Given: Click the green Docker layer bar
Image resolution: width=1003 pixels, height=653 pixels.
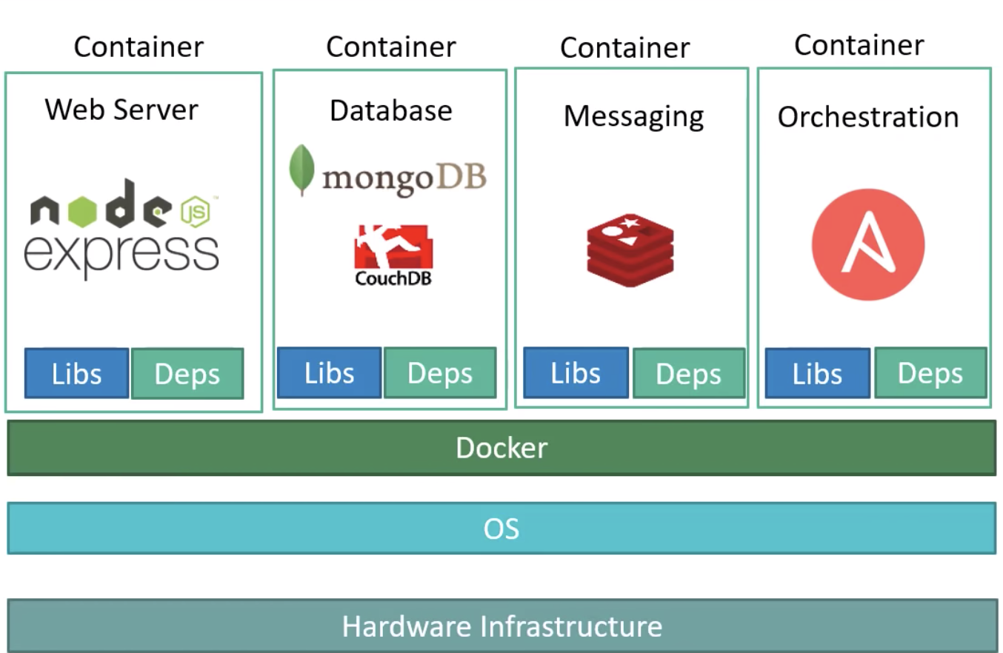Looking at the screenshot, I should pyautogui.click(x=501, y=448).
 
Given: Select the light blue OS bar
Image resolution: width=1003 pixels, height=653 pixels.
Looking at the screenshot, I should pyautogui.click(x=501, y=529).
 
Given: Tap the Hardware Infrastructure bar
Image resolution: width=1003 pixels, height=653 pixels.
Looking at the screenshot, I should pyautogui.click(x=501, y=626).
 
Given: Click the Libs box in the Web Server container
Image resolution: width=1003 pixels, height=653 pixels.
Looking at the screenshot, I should pyautogui.click(x=76, y=374).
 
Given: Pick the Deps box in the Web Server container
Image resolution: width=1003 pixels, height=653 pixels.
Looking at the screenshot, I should pyautogui.click(x=187, y=374).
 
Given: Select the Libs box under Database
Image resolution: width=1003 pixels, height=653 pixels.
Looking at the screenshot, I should pyautogui.click(x=329, y=373).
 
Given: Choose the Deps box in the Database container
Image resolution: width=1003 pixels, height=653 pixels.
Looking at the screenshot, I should pyautogui.click(x=440, y=373).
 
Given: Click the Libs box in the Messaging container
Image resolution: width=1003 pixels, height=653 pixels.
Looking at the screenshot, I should pyautogui.click(x=576, y=373).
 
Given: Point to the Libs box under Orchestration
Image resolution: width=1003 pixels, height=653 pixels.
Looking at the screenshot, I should pyautogui.click(x=817, y=373).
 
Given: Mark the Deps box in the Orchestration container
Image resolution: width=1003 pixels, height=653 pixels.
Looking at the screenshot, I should pyautogui.click(x=930, y=373).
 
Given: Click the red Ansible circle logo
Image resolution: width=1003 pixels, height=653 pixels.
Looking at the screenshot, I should pyautogui.click(x=867, y=244).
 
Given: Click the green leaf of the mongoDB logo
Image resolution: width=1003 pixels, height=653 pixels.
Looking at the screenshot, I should pyautogui.click(x=301, y=170).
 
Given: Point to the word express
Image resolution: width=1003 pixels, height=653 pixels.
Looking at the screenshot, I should pyautogui.click(x=121, y=253).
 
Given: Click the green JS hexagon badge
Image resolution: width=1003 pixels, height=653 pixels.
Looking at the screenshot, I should pyautogui.click(x=196, y=212).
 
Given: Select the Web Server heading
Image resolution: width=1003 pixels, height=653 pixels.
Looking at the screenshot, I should pyautogui.click(x=121, y=110).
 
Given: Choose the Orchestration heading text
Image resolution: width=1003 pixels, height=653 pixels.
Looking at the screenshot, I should pyautogui.click(x=867, y=117).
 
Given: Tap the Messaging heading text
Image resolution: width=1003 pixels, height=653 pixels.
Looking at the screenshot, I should pyautogui.click(x=633, y=116).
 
